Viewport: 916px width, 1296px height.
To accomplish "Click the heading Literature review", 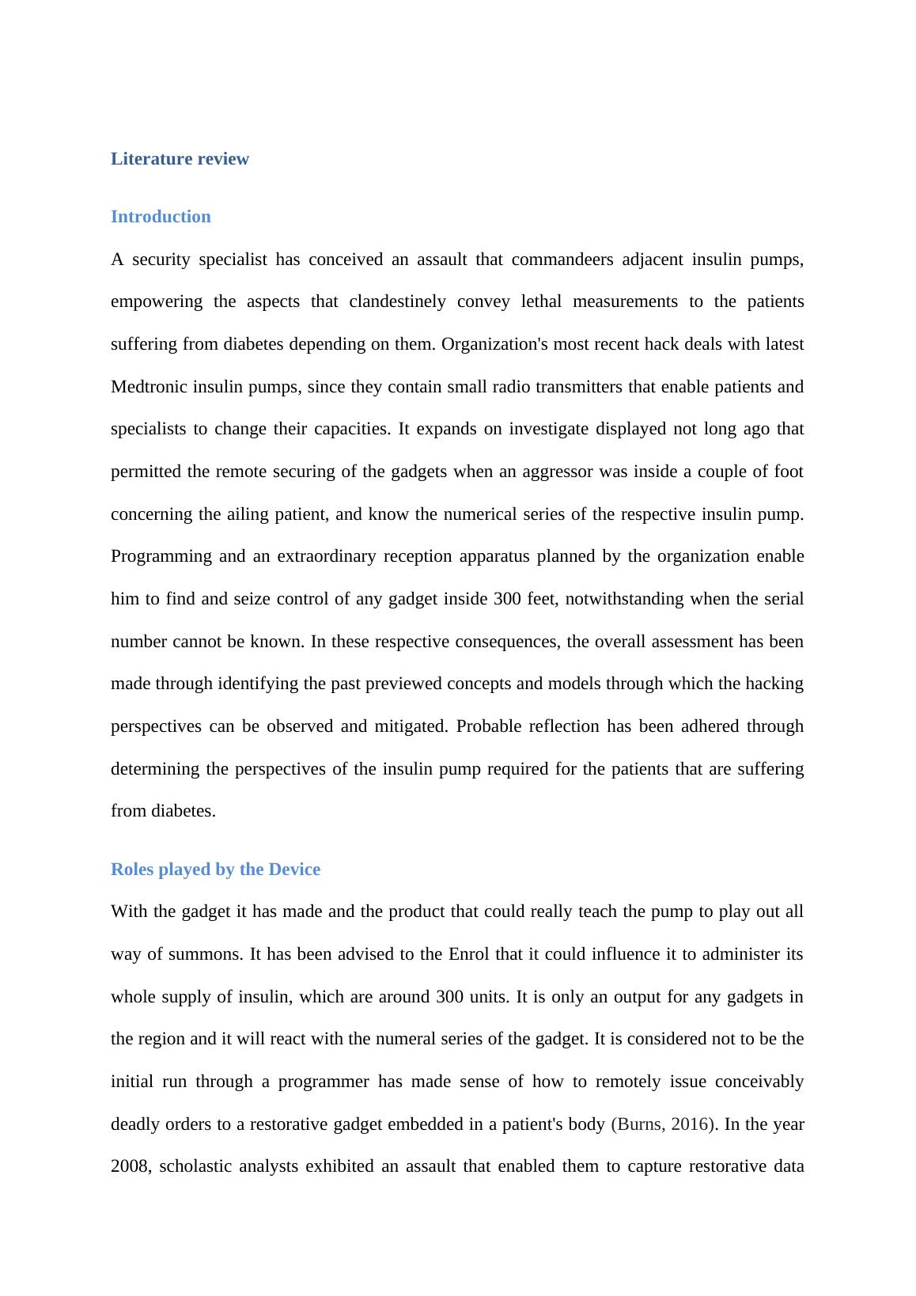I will point(180,159).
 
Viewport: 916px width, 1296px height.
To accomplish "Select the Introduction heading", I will point(161,217).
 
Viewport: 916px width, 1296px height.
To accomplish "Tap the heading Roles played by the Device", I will point(215,870).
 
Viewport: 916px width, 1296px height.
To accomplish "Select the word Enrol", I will point(469,954).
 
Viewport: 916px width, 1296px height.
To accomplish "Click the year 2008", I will point(130,1167).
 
